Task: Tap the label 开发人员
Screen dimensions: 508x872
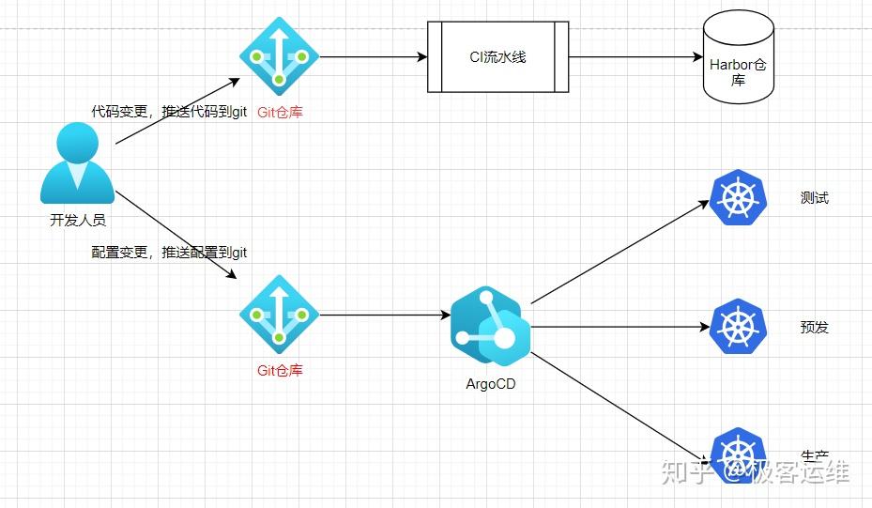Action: pyautogui.click(x=77, y=222)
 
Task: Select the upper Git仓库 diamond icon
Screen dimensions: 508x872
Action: pyautogui.click(x=279, y=56)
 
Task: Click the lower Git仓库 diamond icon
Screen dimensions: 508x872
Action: pyautogui.click(x=279, y=315)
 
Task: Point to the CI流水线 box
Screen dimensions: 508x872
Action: pyautogui.click(x=497, y=56)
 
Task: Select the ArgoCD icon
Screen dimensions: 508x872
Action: pyautogui.click(x=490, y=326)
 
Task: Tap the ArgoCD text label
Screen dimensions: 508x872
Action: pyautogui.click(x=490, y=383)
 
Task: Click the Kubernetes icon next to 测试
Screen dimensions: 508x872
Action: pyautogui.click(x=739, y=198)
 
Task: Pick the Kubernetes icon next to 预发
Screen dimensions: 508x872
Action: pyautogui.click(x=739, y=327)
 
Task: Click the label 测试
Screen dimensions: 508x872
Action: pyautogui.click(x=814, y=198)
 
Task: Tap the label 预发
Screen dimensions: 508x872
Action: pyautogui.click(x=814, y=328)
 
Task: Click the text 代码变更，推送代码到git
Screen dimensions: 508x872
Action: pyautogui.click(x=169, y=112)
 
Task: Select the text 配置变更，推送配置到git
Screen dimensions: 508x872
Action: pyautogui.click(x=169, y=253)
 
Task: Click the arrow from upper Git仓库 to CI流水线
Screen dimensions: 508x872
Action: pyautogui.click(x=373, y=56)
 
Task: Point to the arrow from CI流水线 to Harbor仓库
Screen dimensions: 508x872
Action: pyautogui.click(x=635, y=56)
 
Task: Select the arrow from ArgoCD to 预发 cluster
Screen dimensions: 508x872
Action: pyautogui.click(x=620, y=327)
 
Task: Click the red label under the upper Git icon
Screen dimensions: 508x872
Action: pyautogui.click(x=280, y=113)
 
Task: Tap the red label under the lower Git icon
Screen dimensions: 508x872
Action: pyautogui.click(x=280, y=370)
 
